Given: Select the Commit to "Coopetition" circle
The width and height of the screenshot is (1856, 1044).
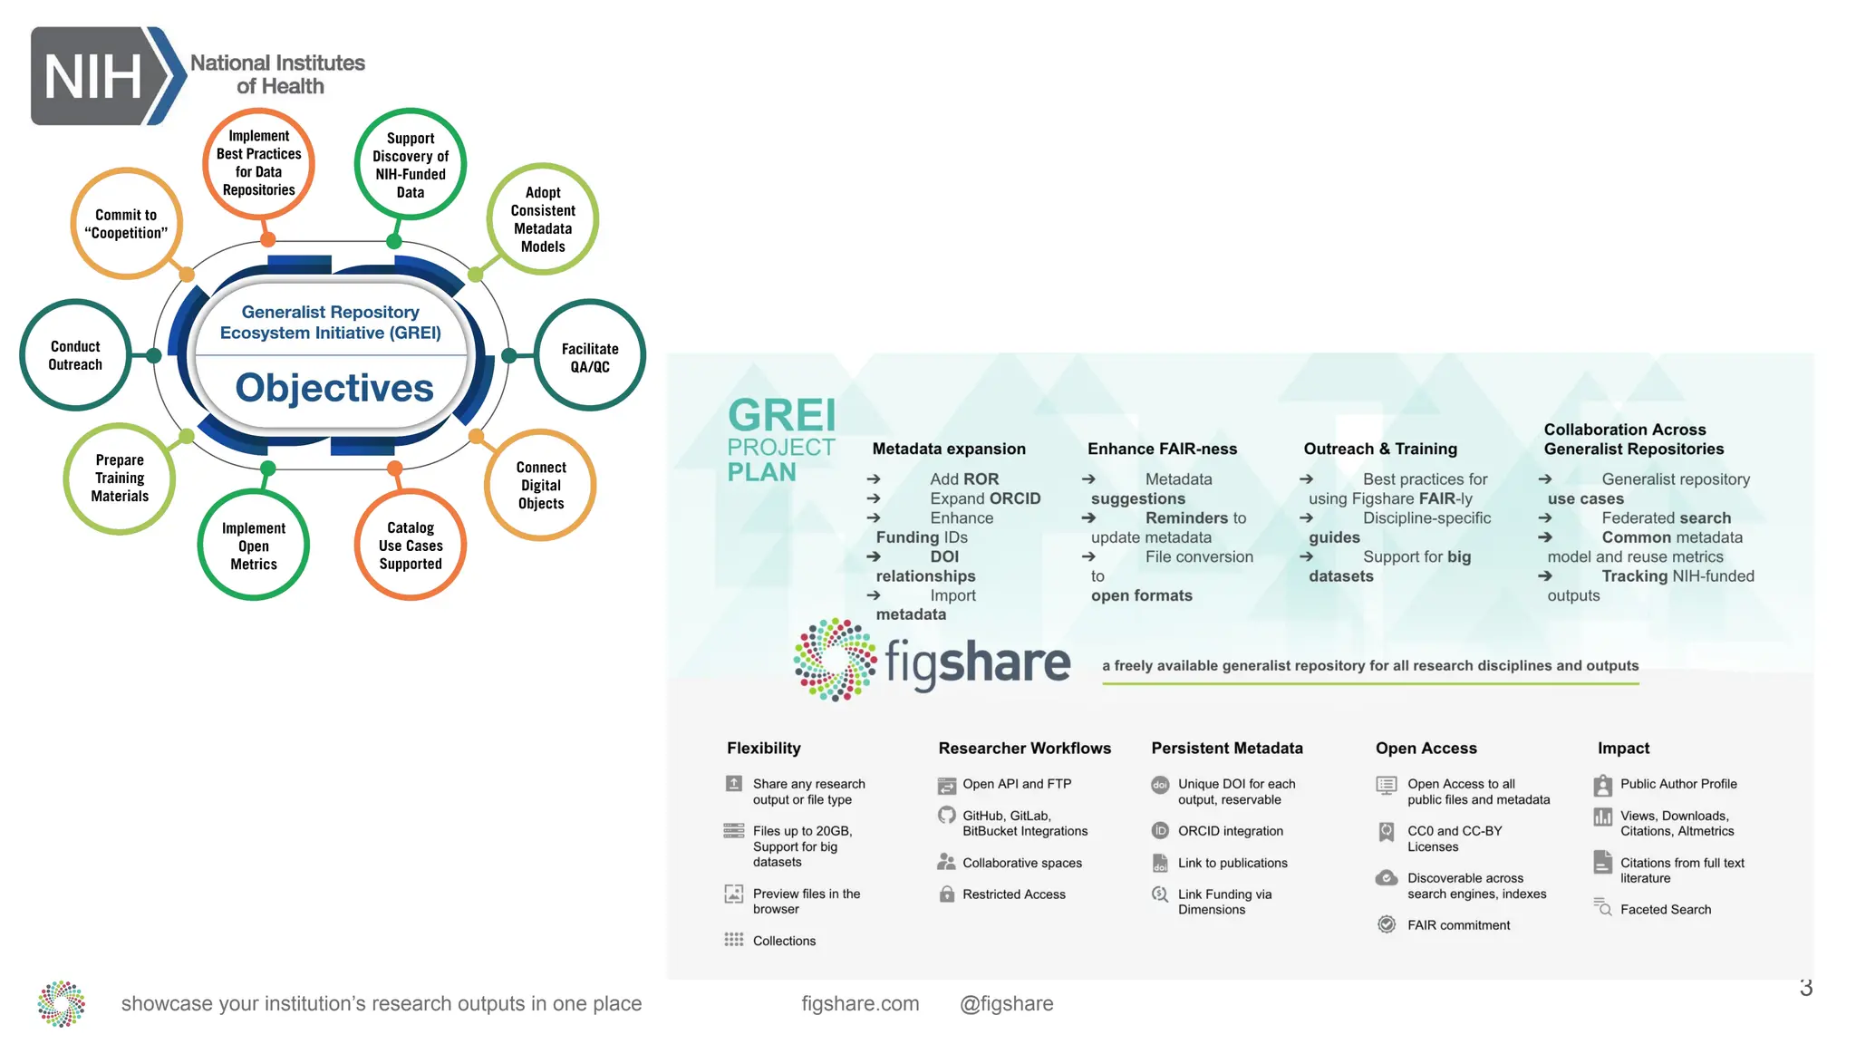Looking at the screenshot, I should [x=126, y=224].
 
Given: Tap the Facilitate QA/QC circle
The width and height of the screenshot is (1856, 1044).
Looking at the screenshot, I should [x=590, y=357].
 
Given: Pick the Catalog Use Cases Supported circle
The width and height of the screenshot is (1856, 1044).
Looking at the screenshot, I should [x=411, y=546].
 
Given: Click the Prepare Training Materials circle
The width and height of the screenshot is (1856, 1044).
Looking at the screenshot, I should [x=120, y=478].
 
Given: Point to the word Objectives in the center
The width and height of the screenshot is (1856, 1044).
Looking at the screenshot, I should [x=334, y=388].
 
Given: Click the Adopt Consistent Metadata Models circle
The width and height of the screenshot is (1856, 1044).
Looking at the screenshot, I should [x=543, y=219].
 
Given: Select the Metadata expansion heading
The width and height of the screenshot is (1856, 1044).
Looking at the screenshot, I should [x=949, y=449].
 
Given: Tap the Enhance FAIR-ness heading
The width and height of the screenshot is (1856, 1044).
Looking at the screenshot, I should [x=1162, y=449].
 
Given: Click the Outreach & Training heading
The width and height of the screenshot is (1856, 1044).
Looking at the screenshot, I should [x=1380, y=449].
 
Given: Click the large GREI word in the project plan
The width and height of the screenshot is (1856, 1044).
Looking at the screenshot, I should [x=782, y=415].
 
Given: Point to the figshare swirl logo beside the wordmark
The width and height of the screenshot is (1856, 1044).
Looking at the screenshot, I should [x=835, y=660].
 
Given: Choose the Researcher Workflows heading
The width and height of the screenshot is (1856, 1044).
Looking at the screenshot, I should [x=1024, y=748].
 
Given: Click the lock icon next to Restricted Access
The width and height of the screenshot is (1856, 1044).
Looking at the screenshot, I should [x=947, y=894].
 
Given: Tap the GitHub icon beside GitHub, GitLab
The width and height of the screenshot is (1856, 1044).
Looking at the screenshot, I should [x=947, y=816].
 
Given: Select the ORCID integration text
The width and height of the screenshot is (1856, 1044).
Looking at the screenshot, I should [x=1230, y=831].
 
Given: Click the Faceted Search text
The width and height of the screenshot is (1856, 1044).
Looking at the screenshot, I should [x=1665, y=909].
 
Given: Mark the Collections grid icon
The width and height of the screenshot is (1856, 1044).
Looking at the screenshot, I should [x=734, y=940].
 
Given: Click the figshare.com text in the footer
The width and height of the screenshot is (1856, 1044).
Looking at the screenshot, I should [x=860, y=1003].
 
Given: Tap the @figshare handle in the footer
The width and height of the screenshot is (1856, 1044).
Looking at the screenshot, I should [x=1006, y=1003].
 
